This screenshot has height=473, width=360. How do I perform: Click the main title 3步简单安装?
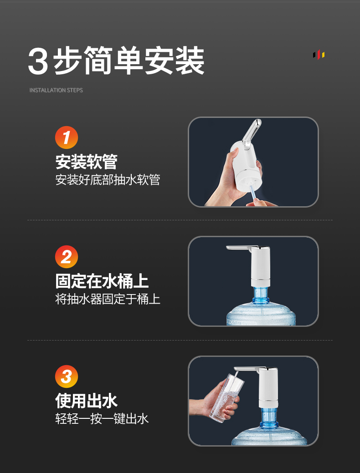coord(116,61)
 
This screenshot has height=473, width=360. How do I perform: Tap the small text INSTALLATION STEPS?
coord(56,90)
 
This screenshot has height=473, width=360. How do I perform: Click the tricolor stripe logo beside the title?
coord(319,55)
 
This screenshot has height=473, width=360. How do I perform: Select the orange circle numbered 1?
coord(67,137)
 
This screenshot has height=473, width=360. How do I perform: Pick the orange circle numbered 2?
coord(67,257)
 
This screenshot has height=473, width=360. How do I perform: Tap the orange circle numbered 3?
coord(67,376)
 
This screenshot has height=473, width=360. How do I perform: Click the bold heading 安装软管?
coord(87,162)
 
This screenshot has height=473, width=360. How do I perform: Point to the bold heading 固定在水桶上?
coord(102,281)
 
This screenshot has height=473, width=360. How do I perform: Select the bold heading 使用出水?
coord(87,401)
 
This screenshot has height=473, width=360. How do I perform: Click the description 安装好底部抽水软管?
coord(108,180)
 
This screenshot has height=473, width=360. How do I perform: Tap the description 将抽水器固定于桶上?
coord(108,299)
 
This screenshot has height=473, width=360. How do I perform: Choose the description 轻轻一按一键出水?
coord(102,419)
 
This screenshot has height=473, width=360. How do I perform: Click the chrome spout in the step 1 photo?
coord(252,134)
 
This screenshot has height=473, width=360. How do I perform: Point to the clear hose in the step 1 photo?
coord(252,195)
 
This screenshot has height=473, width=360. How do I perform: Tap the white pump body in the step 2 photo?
coord(260,266)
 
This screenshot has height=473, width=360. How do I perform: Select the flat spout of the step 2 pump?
coord(239,248)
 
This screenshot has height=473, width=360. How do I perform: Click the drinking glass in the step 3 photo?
coord(227,398)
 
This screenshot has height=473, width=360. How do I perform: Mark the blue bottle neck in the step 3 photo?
coord(269,417)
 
